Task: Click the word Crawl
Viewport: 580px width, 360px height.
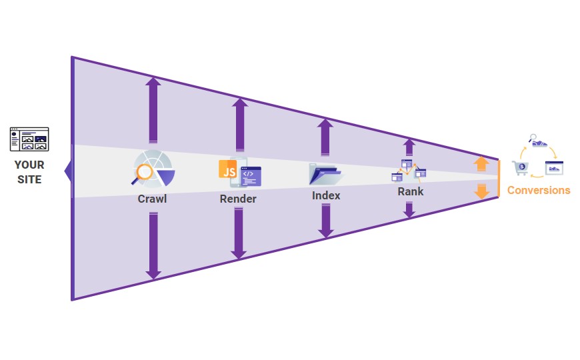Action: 152,199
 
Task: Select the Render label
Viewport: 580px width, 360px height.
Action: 238,199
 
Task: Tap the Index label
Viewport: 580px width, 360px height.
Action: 326,195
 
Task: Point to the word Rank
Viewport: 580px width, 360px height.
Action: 410,191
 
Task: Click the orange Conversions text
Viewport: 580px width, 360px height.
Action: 539,190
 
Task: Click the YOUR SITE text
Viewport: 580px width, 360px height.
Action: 29,172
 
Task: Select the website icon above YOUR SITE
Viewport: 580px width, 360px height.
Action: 29,139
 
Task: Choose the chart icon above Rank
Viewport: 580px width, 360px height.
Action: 409,171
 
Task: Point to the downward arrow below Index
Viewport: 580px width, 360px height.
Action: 325,221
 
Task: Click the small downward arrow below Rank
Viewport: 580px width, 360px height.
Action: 409,209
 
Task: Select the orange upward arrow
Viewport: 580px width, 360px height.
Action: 481,165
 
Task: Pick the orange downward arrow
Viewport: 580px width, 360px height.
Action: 481,192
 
